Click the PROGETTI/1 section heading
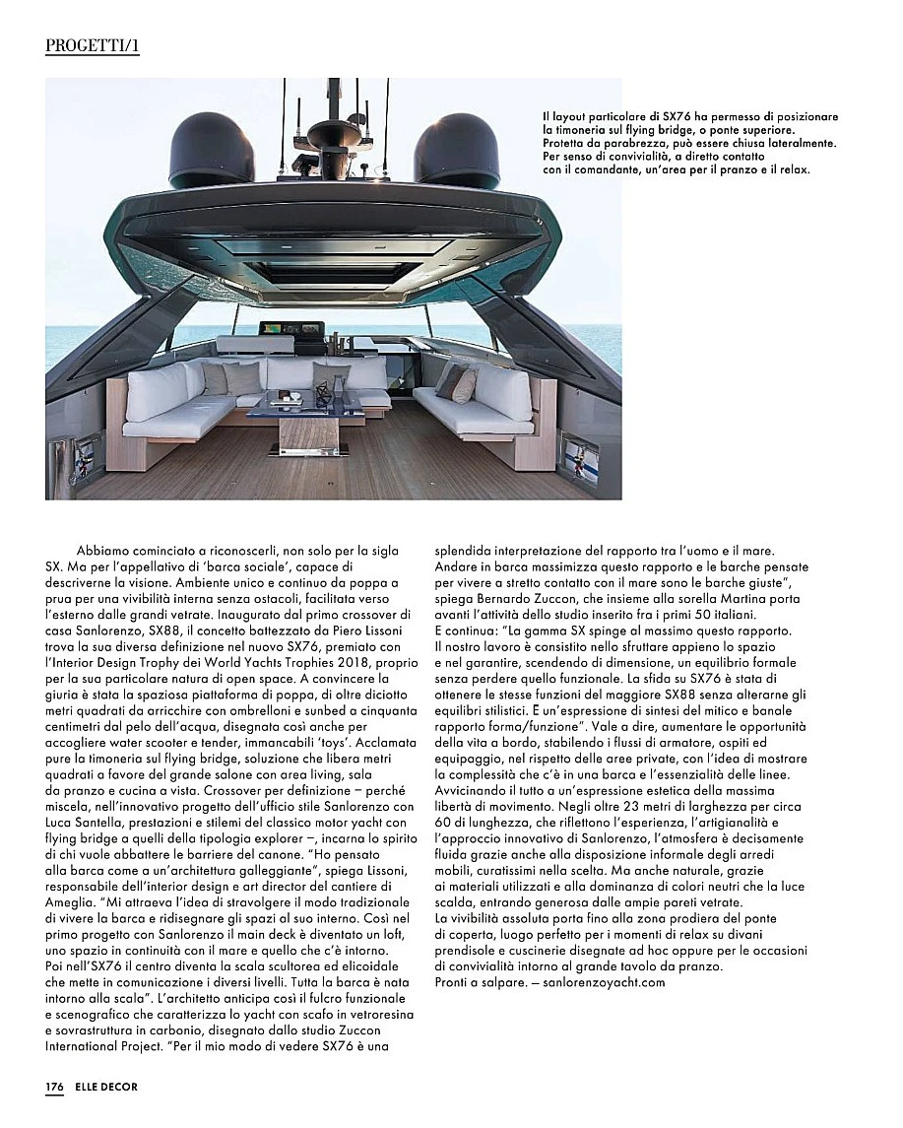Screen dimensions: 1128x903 point(92,46)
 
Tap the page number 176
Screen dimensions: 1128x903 point(54,1087)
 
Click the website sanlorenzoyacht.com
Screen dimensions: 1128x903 point(604,982)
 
